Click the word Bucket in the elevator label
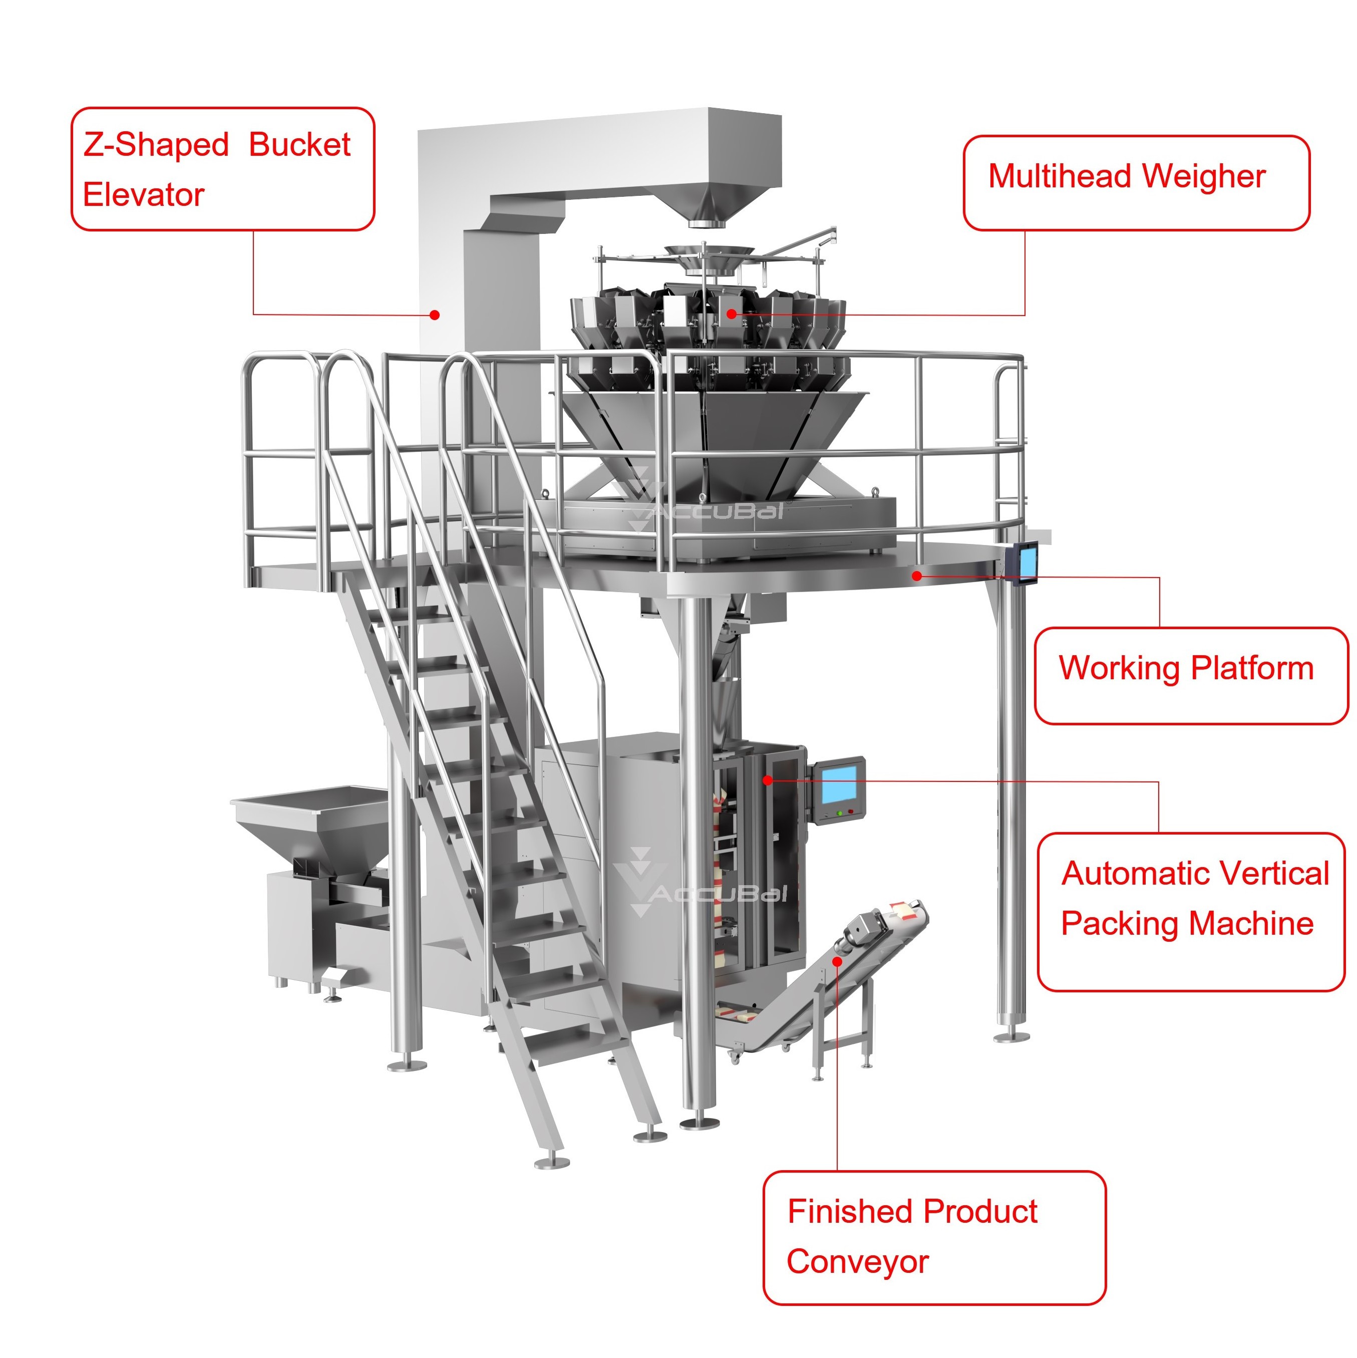click(x=299, y=145)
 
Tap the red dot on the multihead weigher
click(x=732, y=314)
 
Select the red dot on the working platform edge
click(x=917, y=576)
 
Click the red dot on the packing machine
click(x=768, y=780)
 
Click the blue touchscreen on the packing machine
click(x=839, y=784)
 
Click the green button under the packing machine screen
click(x=839, y=813)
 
